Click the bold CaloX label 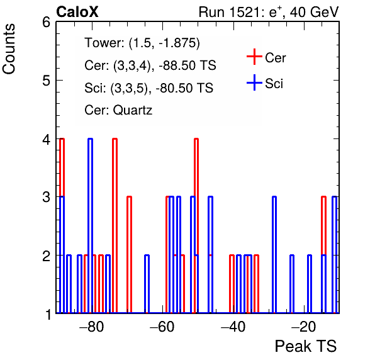[x=77, y=12]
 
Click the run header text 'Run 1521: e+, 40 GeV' [x=269, y=12]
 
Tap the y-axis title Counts [x=9, y=49]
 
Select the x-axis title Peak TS [x=306, y=346]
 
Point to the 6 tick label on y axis [x=46, y=23]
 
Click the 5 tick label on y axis [x=46, y=81]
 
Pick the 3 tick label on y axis [x=46, y=197]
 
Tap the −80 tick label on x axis [x=92, y=327]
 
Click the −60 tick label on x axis [x=162, y=327]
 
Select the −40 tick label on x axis [x=233, y=327]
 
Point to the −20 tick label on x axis [x=303, y=327]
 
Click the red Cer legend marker [x=254, y=57]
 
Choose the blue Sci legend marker [x=254, y=82]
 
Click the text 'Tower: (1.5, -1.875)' [x=142, y=43]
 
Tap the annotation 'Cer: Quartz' [x=118, y=110]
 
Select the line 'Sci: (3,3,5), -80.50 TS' [x=148, y=88]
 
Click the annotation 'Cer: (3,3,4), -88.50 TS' [x=150, y=65]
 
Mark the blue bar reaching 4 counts [x=90, y=225]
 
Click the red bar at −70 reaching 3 [x=130, y=254]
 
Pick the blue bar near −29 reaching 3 [x=274, y=254]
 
